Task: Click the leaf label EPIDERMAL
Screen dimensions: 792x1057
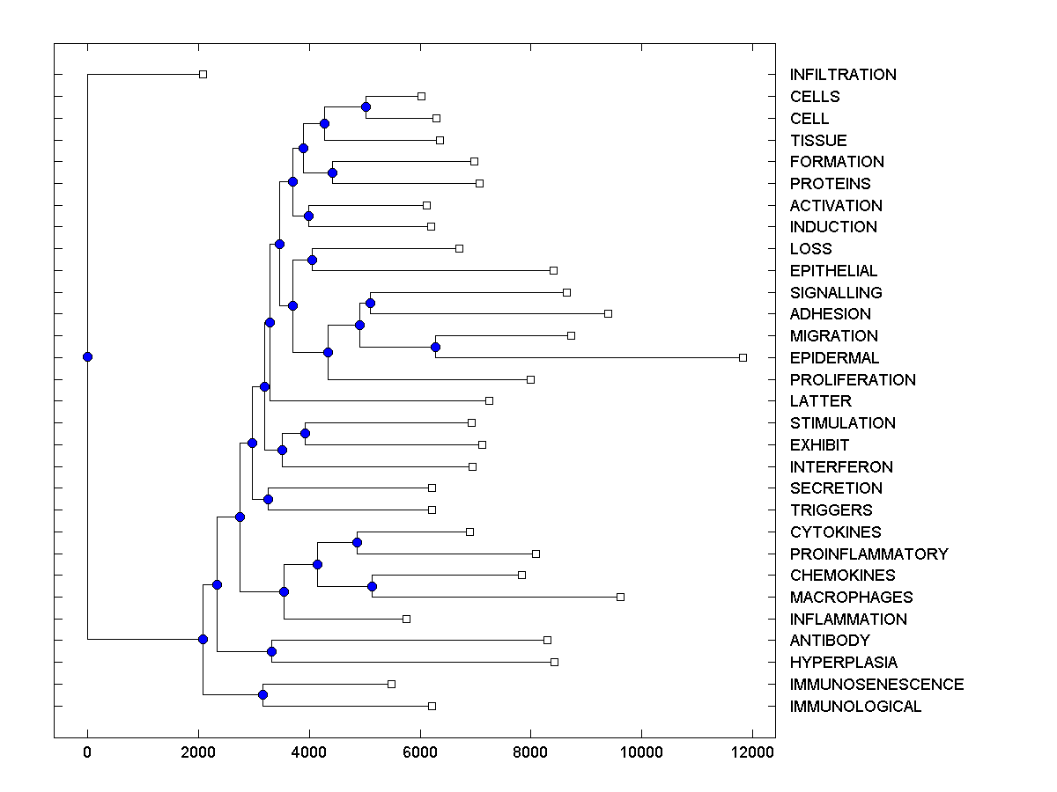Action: tap(834, 358)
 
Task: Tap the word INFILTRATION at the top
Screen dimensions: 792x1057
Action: tap(843, 75)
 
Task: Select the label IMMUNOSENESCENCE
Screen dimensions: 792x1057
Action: tap(876, 685)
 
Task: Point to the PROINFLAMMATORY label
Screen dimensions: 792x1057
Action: tap(869, 554)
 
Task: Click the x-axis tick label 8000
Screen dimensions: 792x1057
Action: tap(531, 752)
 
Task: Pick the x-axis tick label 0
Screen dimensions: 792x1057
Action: tap(87, 752)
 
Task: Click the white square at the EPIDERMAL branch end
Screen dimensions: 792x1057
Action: tap(743, 357)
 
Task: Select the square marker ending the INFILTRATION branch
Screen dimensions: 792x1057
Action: tap(203, 74)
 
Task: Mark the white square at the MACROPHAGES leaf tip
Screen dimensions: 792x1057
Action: tap(620, 597)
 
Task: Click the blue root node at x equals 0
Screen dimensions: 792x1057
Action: tap(87, 356)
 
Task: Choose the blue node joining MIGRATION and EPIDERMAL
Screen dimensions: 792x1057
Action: tap(435, 347)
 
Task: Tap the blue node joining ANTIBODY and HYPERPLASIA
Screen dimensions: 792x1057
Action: tap(271, 651)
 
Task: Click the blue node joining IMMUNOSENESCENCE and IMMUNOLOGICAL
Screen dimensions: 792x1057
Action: tap(262, 695)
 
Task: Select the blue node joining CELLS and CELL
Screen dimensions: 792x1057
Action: tap(366, 106)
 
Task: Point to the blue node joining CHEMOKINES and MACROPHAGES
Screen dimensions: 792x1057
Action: tap(372, 586)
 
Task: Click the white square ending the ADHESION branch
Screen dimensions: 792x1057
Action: tap(608, 313)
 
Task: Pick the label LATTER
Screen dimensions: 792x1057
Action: tap(820, 401)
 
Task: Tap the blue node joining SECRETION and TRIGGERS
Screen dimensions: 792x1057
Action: tap(268, 499)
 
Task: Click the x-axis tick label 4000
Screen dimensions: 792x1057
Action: tap(309, 752)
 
